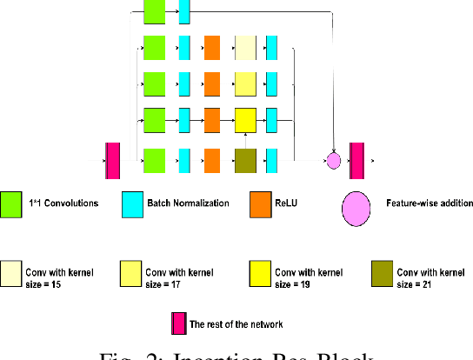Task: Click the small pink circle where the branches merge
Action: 333,161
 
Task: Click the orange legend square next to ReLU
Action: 260,204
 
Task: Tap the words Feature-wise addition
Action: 430,203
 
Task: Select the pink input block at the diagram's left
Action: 112,161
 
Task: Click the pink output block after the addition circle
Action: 356,161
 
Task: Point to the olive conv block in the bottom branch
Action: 246,161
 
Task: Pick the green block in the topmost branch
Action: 153,11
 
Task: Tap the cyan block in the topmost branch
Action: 183,11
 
